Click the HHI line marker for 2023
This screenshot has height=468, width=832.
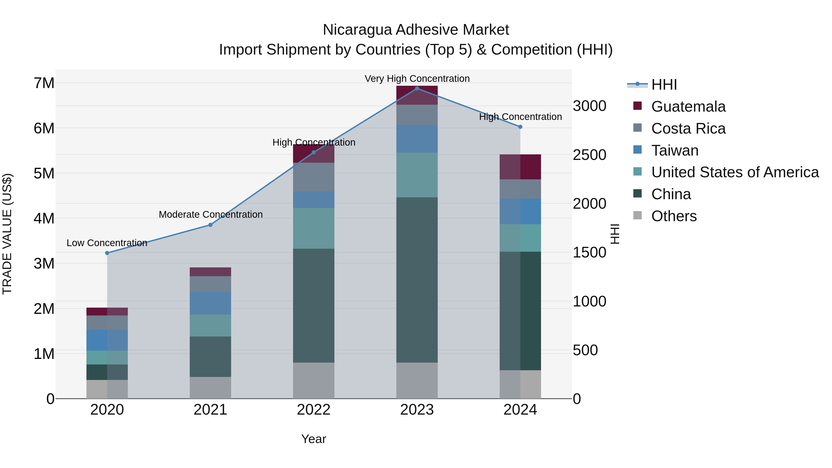417,89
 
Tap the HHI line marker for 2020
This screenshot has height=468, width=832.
107,253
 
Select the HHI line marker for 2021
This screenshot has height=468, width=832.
210,225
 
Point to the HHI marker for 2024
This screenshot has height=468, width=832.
520,127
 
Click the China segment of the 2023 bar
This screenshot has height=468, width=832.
417,279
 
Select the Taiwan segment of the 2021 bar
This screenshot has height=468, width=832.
210,303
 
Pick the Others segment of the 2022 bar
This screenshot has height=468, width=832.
313,380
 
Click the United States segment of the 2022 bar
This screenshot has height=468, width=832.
313,228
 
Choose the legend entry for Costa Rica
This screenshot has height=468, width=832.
688,128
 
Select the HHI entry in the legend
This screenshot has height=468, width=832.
664,85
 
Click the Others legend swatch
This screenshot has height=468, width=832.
638,215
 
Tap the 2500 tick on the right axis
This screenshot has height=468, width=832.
589,155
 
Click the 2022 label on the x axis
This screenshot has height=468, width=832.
313,410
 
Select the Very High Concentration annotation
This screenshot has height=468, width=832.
417,79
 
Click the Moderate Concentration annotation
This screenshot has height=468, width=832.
211,214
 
